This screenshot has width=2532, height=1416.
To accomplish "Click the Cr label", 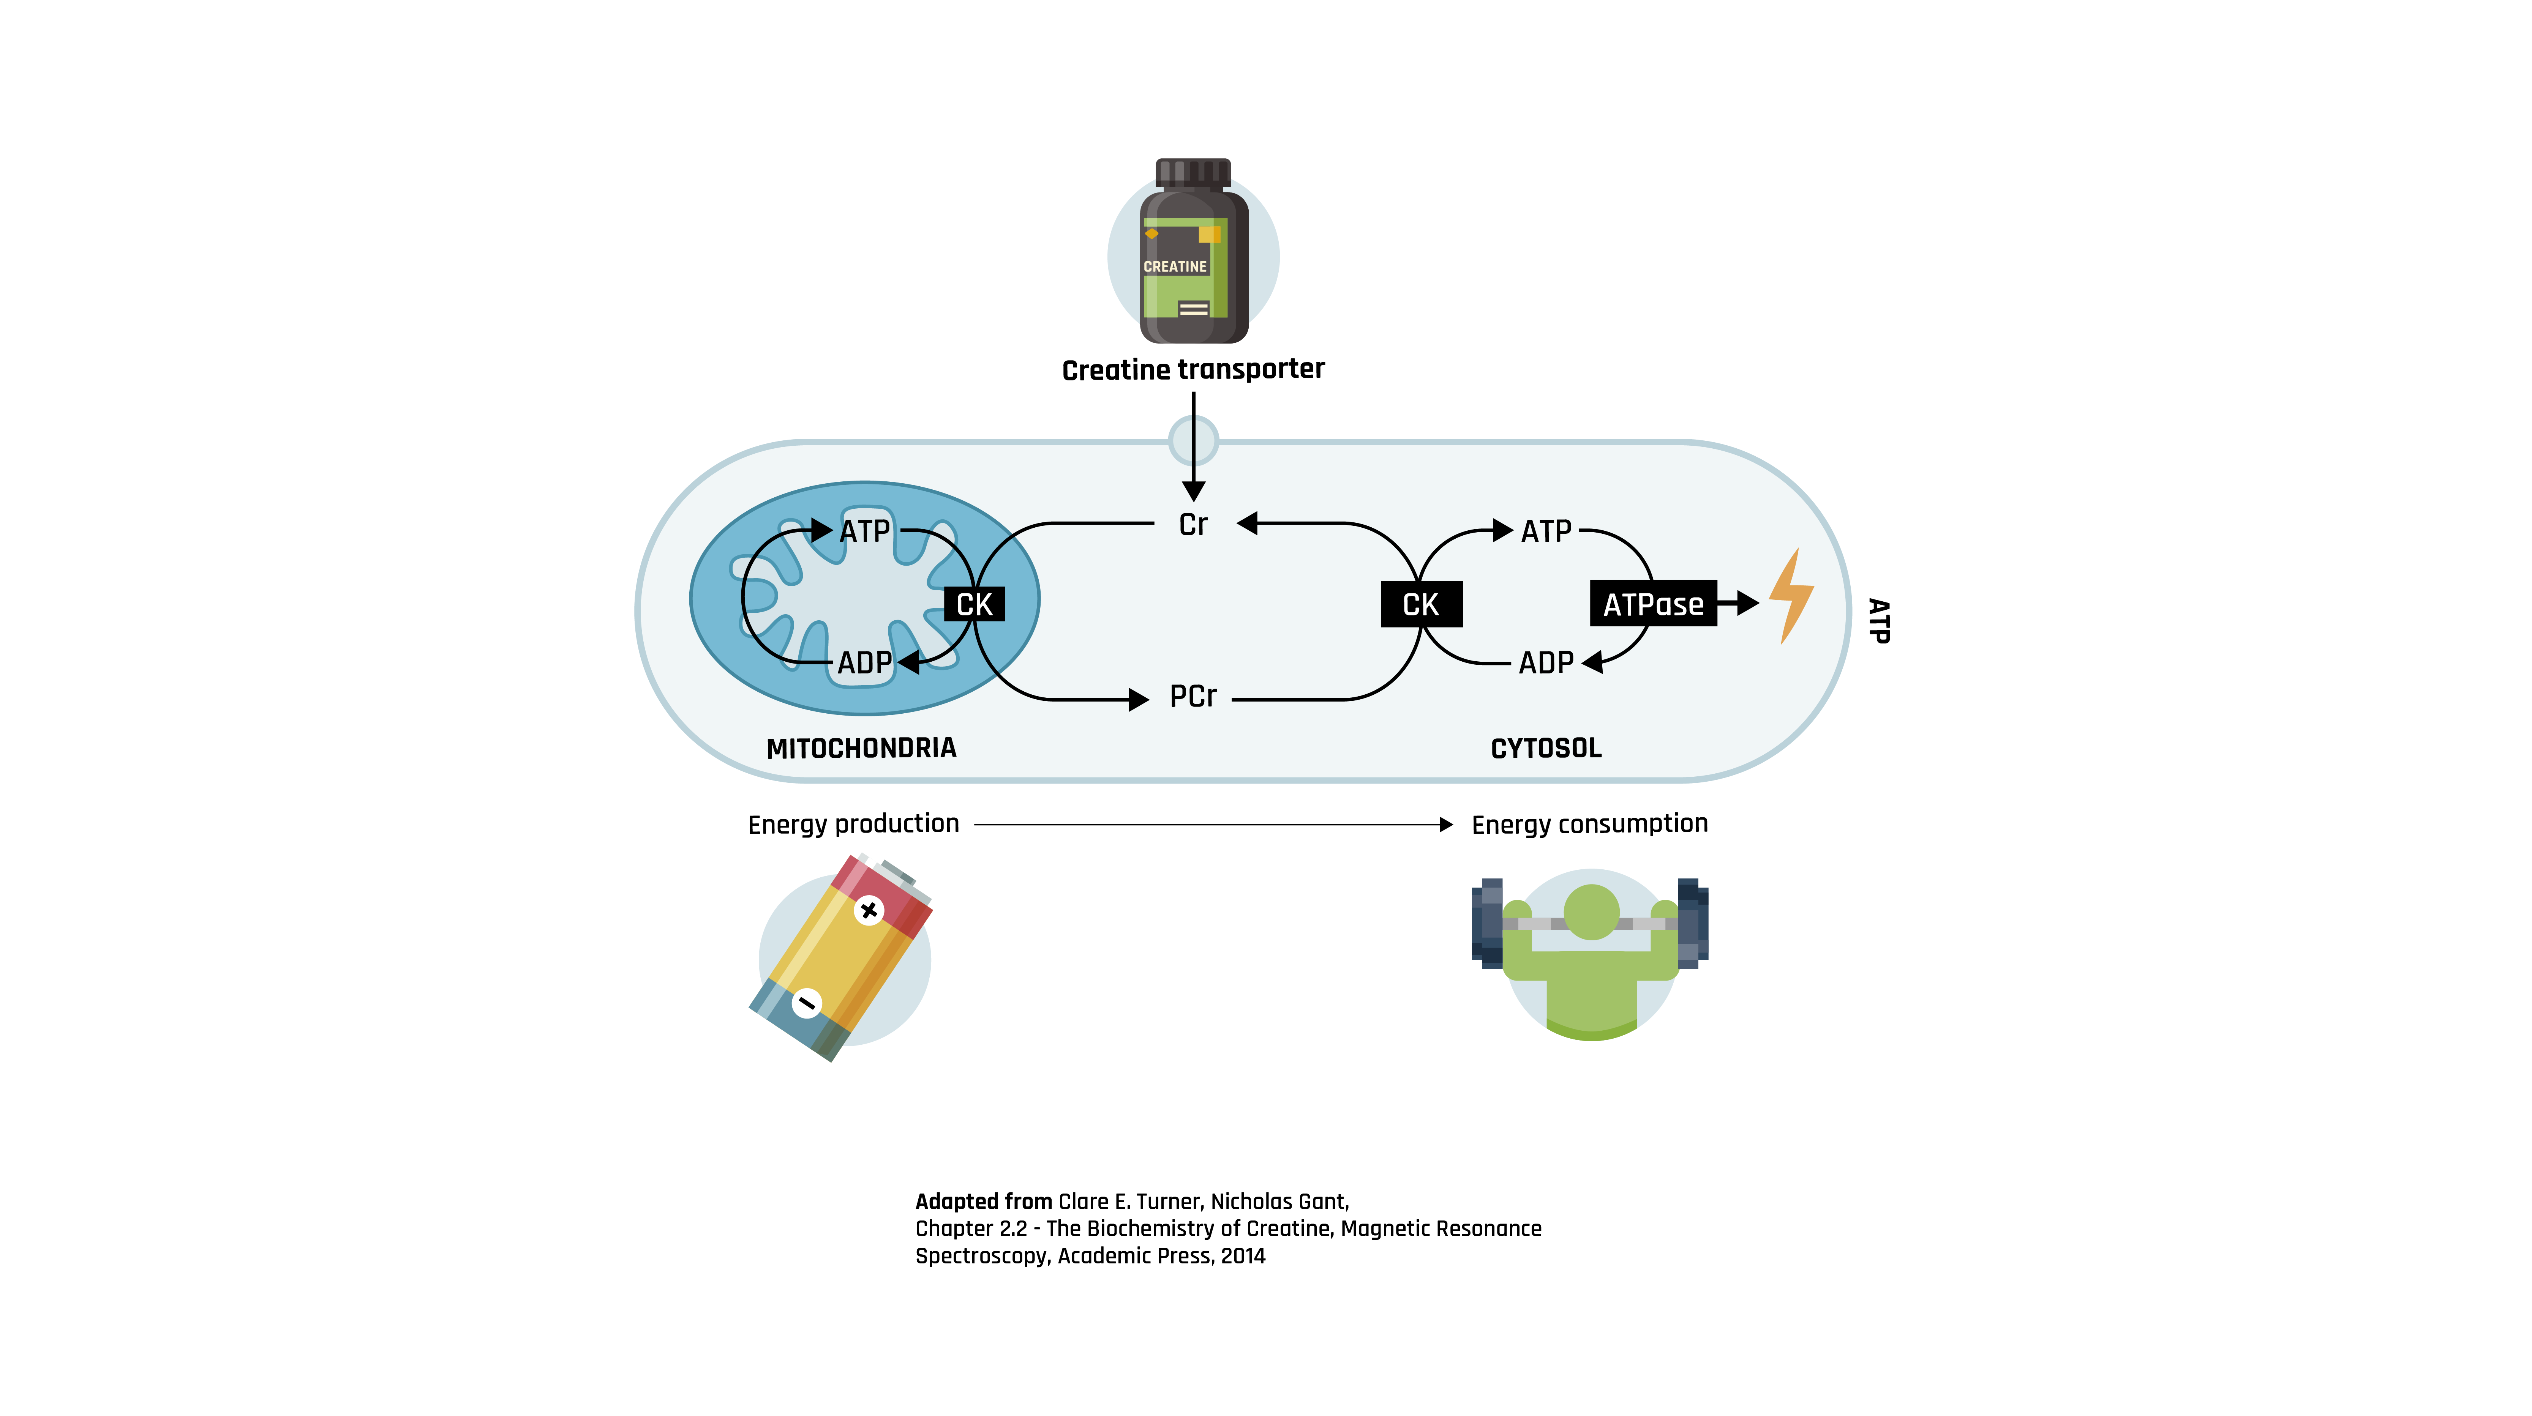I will point(1192,525).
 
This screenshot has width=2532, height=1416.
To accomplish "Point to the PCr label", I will point(1192,697).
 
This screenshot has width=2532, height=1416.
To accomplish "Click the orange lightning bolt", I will point(1790,596).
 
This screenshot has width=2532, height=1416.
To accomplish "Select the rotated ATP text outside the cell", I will point(1878,621).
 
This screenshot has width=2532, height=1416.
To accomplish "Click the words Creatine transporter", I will point(1192,369).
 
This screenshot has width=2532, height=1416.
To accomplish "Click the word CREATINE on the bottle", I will point(1175,266).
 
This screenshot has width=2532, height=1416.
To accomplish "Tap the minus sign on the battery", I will point(806,1002).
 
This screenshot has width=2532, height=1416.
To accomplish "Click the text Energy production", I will point(853,823).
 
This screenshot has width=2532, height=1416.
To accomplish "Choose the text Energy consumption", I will point(1589,823).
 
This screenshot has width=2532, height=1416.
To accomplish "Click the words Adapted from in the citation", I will point(983,1201).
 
